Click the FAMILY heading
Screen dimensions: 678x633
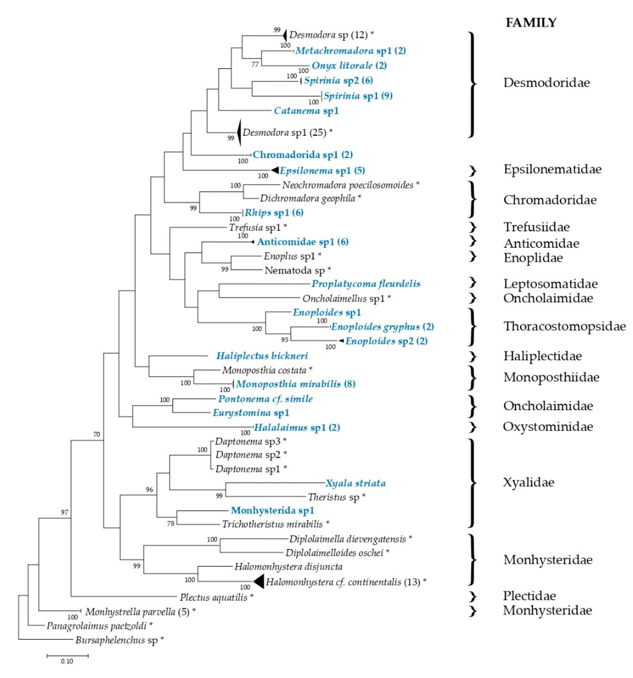click(x=531, y=23)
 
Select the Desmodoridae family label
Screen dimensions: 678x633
click(x=546, y=83)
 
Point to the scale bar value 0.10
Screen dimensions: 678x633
click(x=67, y=661)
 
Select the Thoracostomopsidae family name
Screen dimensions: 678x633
click(x=564, y=326)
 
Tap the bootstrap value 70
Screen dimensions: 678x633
click(x=97, y=434)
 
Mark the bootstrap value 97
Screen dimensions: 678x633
click(x=65, y=512)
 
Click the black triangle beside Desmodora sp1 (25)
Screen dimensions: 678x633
click(x=239, y=132)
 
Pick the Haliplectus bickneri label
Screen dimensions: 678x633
click(x=262, y=356)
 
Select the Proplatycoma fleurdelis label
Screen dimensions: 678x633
click(x=366, y=284)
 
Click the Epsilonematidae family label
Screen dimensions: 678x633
click(x=552, y=169)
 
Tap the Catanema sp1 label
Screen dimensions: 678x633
click(x=306, y=111)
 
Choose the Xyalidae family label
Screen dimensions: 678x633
click(x=528, y=482)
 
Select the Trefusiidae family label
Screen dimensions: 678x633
click(x=536, y=227)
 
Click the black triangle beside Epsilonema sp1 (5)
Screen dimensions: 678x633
click(x=275, y=170)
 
